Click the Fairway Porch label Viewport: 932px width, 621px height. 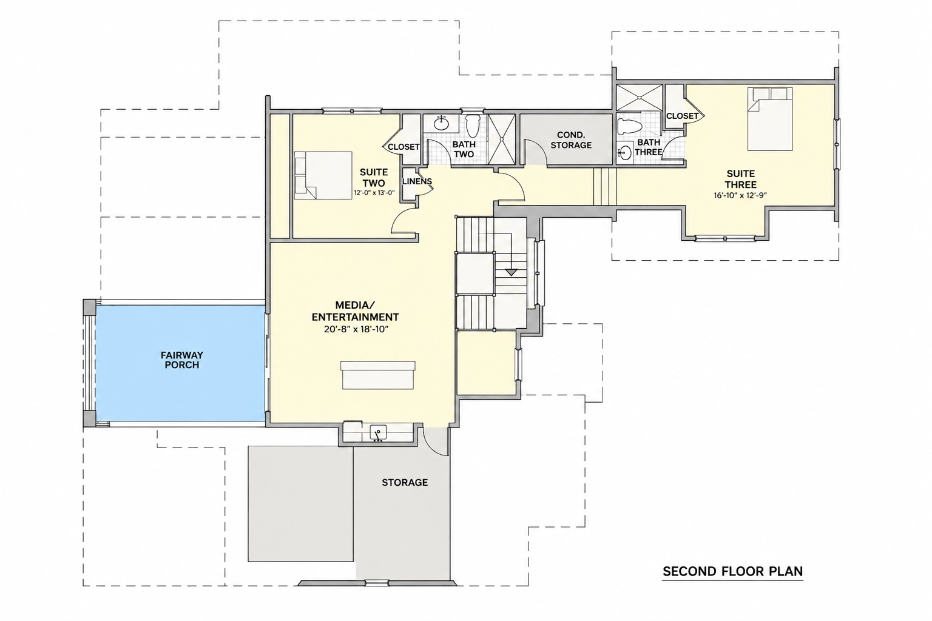[182, 360]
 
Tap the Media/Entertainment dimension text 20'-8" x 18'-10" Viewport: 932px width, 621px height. [356, 329]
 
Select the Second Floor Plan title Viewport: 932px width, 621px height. [733, 571]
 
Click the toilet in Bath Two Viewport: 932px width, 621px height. [473, 126]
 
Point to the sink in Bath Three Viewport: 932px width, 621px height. [624, 153]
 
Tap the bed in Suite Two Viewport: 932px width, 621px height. [323, 175]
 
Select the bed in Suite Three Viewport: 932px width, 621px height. [770, 119]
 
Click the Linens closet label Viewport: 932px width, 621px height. [417, 181]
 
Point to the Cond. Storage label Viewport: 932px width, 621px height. [571, 140]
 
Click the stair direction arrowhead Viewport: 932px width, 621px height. [511, 272]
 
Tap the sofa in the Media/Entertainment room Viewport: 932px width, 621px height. [378, 375]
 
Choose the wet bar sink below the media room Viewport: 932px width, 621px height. [379, 432]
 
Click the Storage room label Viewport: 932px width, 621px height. [405, 483]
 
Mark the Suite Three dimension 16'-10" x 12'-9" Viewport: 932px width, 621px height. [741, 195]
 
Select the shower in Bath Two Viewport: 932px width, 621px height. [501, 139]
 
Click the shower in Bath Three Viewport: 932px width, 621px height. [639, 98]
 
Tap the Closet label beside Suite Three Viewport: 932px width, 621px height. [683, 116]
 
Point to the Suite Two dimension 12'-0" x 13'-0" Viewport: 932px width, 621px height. [374, 193]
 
